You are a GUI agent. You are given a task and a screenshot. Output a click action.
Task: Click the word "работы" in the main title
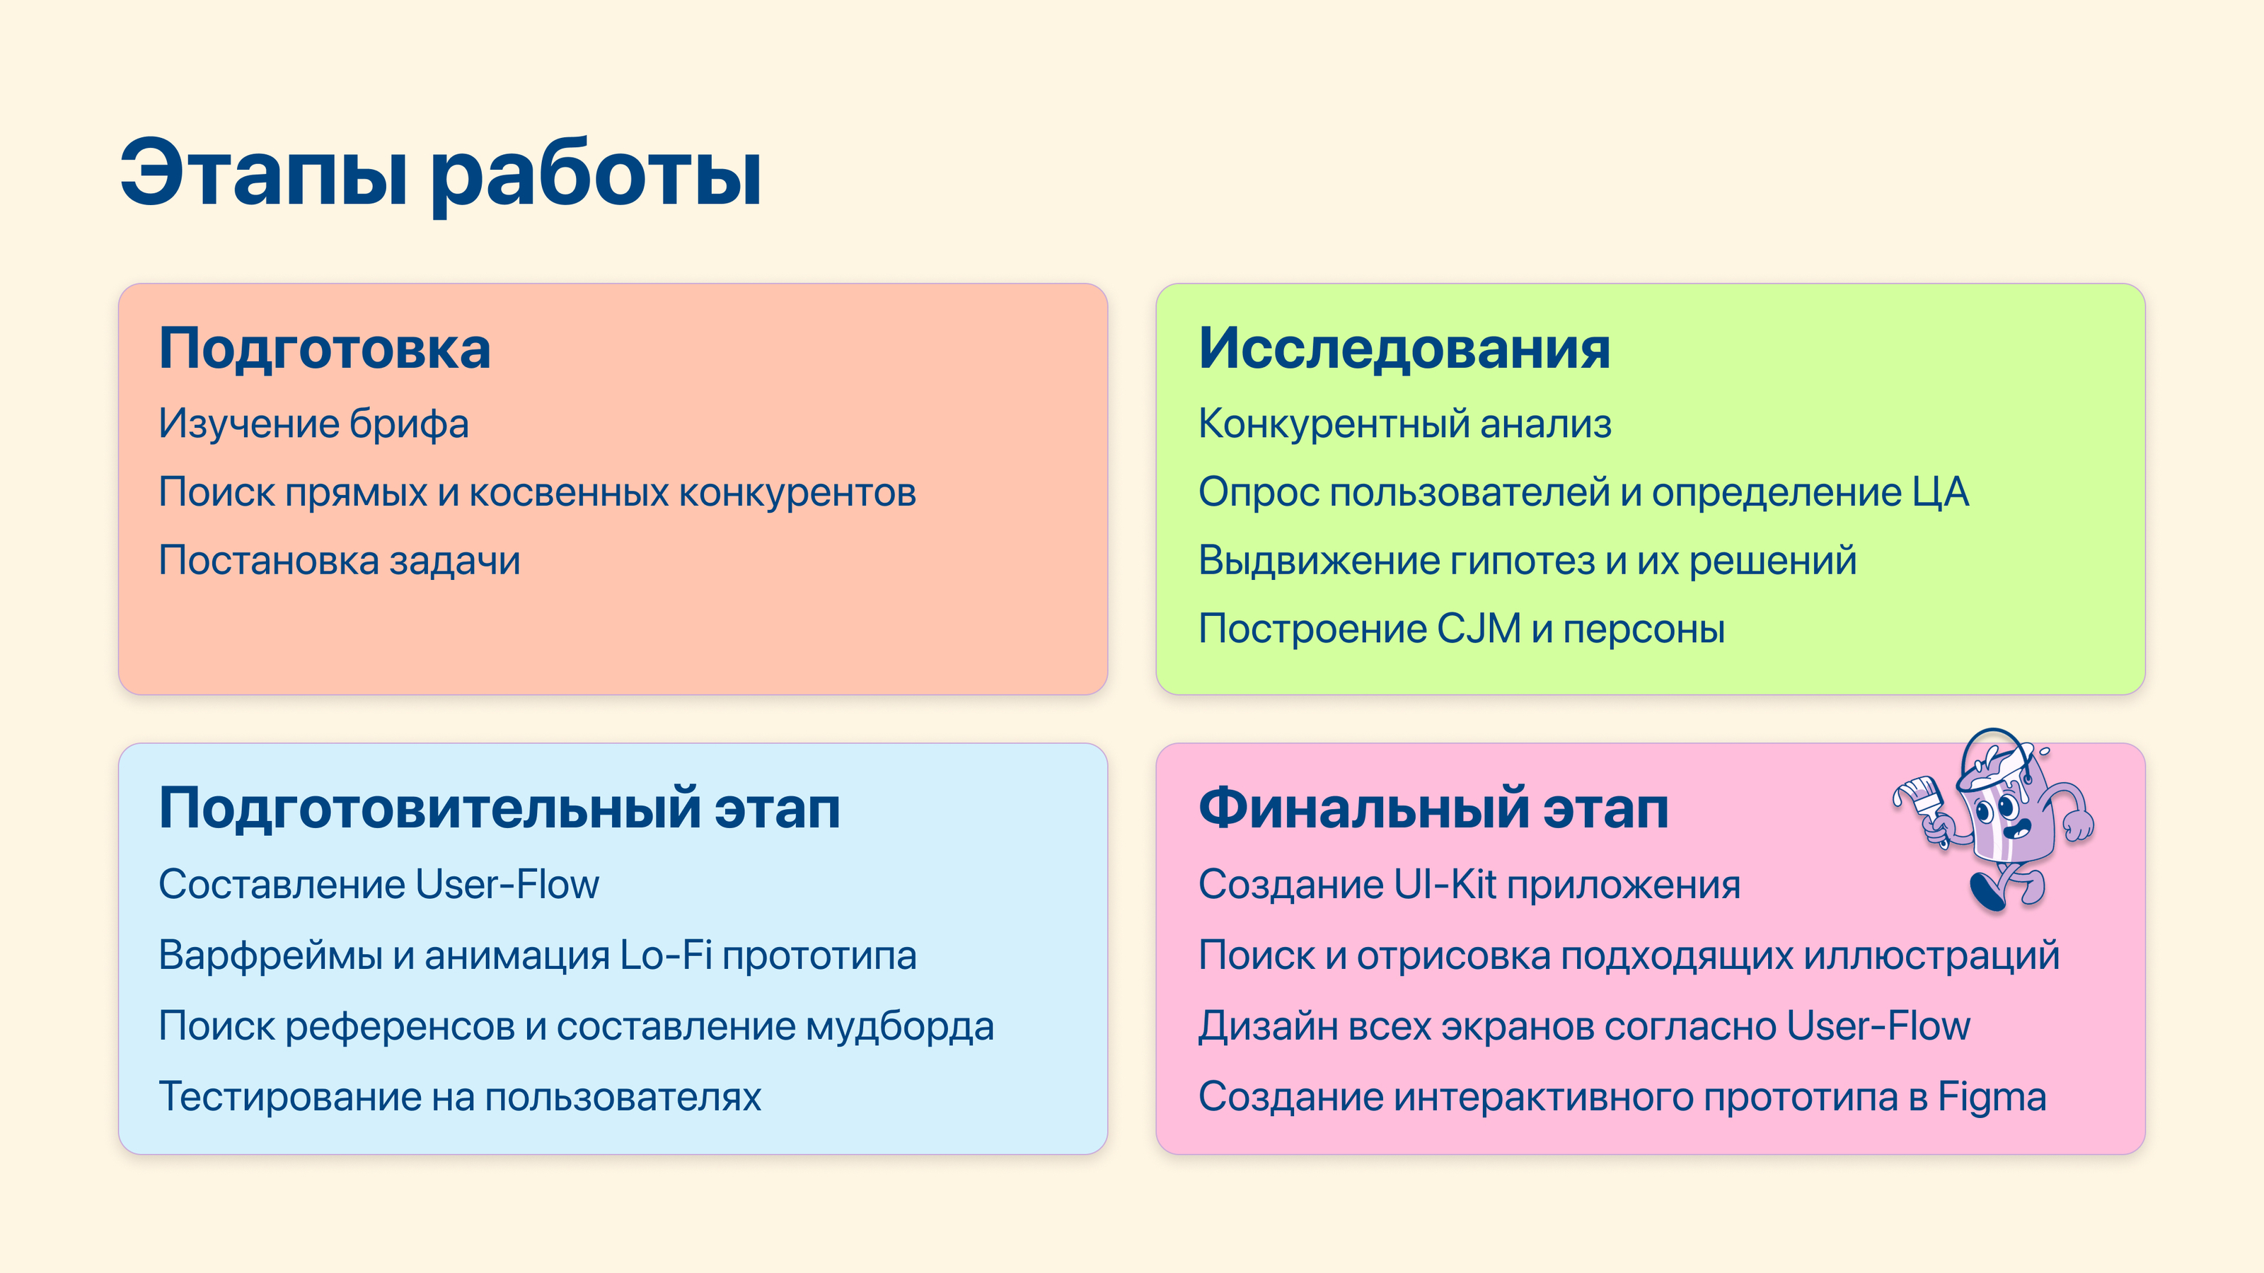[x=595, y=175]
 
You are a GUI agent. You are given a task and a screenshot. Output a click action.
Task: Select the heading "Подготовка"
[x=324, y=349]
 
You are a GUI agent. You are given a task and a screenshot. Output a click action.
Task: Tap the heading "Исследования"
[x=1404, y=349]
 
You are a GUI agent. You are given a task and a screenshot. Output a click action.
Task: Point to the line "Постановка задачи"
[x=340, y=561]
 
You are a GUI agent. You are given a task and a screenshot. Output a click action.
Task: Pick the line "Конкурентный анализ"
[x=1405, y=424]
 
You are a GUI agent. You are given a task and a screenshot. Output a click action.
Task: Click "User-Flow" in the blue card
[x=507, y=884]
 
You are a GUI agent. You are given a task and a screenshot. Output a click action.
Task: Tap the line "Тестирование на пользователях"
[x=460, y=1098]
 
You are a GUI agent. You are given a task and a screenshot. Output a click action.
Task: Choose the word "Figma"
[x=1992, y=1098]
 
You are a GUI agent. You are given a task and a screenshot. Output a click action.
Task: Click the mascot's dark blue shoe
[x=1986, y=892]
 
